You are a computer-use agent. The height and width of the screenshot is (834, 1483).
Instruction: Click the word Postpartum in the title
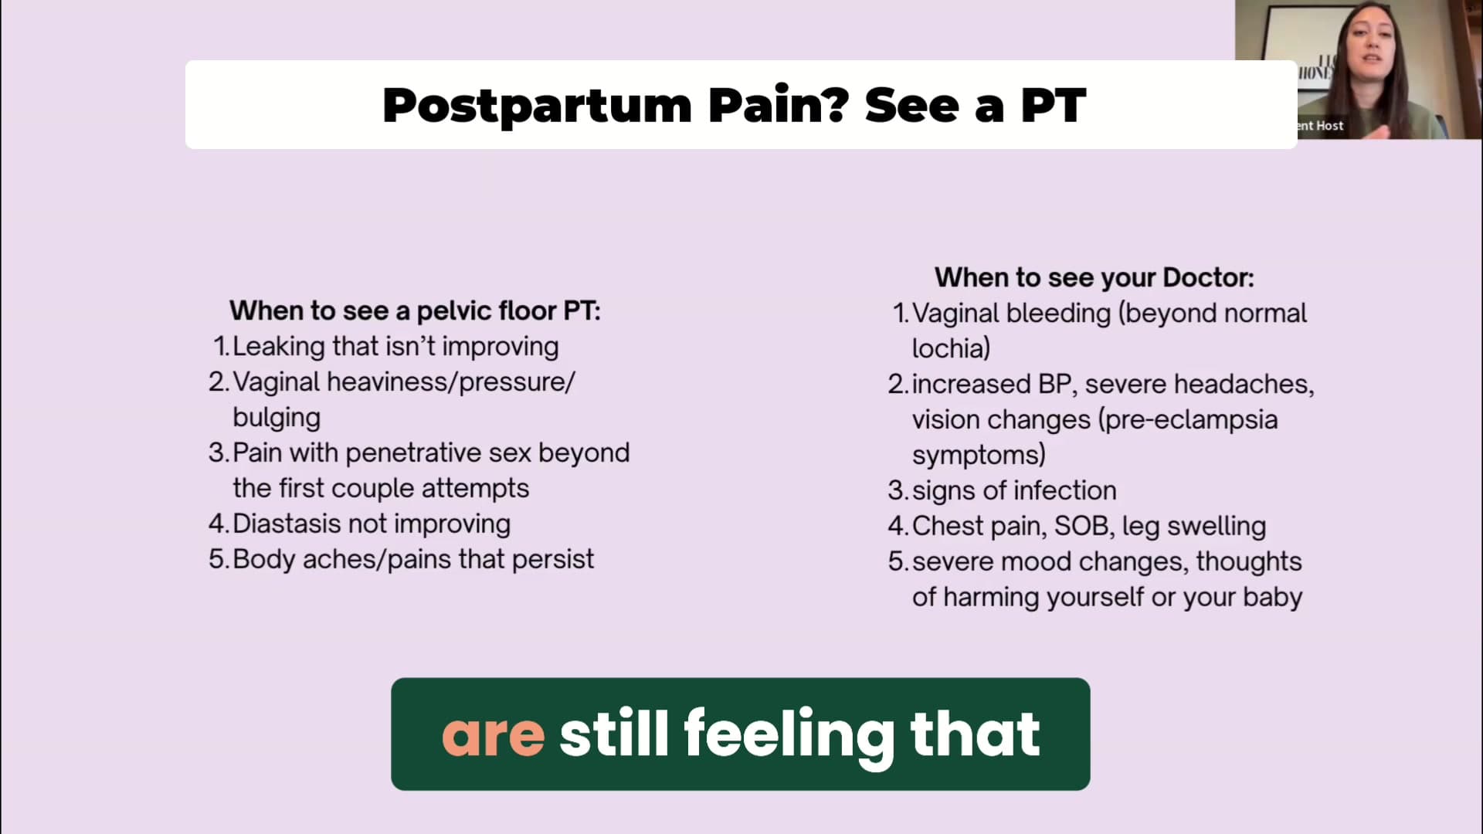[537, 106]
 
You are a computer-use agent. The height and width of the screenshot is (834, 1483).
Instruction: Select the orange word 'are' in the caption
[493, 735]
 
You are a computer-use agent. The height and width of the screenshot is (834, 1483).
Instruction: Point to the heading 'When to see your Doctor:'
[1094, 277]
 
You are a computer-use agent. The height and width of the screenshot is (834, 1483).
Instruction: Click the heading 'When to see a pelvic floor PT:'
[415, 310]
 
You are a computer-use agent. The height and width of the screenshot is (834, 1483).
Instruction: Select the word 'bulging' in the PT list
[277, 418]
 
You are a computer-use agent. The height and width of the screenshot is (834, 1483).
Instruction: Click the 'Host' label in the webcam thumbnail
[1329, 125]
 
